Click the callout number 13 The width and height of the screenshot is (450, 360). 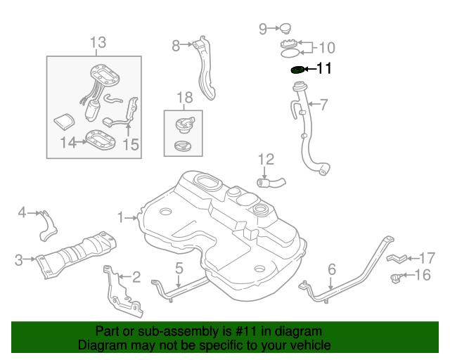point(98,43)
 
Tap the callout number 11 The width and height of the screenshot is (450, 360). point(324,68)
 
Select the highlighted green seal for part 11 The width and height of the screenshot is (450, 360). point(298,69)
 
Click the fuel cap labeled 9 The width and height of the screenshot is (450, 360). point(284,29)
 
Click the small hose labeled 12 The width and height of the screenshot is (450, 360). point(271,184)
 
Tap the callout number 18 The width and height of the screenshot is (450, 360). point(184,99)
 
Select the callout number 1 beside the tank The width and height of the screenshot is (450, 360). point(120,218)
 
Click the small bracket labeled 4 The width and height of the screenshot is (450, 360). point(49,224)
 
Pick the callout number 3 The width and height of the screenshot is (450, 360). point(19,260)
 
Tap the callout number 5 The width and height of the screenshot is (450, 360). point(179,267)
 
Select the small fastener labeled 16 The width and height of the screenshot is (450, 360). point(398,278)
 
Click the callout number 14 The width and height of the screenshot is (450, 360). point(67,143)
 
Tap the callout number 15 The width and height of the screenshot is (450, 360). point(130,145)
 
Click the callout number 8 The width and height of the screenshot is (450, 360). point(176,46)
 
